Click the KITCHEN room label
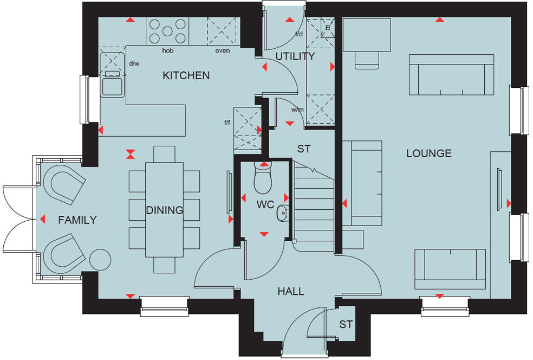[186, 75]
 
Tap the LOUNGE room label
[428, 153]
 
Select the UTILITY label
[295, 56]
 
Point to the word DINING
[164, 210]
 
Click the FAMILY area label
[77, 220]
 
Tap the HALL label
[291, 292]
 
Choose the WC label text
[266, 205]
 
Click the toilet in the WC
[262, 179]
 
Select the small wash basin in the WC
[282, 213]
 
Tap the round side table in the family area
[100, 259]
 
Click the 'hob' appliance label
[167, 51]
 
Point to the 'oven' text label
[222, 51]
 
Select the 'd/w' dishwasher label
[134, 63]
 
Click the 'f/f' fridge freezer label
[227, 123]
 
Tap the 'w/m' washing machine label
[297, 110]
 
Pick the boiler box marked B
[327, 28]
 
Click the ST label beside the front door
[346, 325]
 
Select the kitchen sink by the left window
[113, 84]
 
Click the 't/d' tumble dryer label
[298, 34]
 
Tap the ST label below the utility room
[304, 149]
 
